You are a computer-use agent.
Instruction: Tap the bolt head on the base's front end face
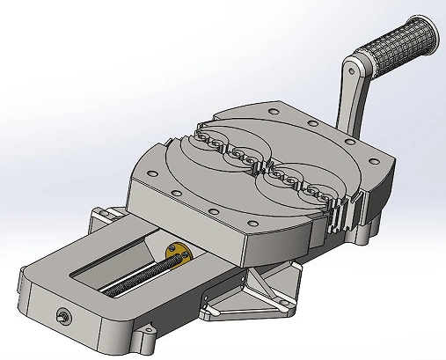[63, 315]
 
